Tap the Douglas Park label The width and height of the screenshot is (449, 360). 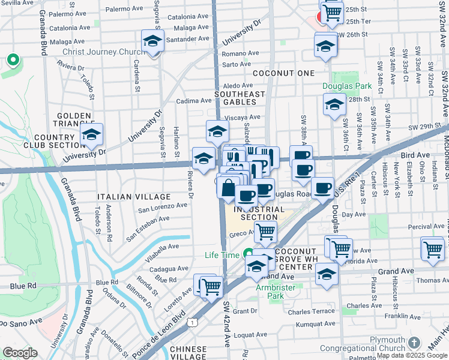(x=347, y=86)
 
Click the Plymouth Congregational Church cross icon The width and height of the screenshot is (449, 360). (x=414, y=342)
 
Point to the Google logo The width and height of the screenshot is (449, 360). (x=20, y=353)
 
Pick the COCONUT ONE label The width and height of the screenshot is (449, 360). (x=283, y=73)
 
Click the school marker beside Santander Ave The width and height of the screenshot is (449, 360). (x=153, y=41)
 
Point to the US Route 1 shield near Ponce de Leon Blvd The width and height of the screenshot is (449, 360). (x=191, y=323)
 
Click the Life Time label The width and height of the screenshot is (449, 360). (x=223, y=254)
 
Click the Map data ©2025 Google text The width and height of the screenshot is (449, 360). (x=411, y=355)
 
